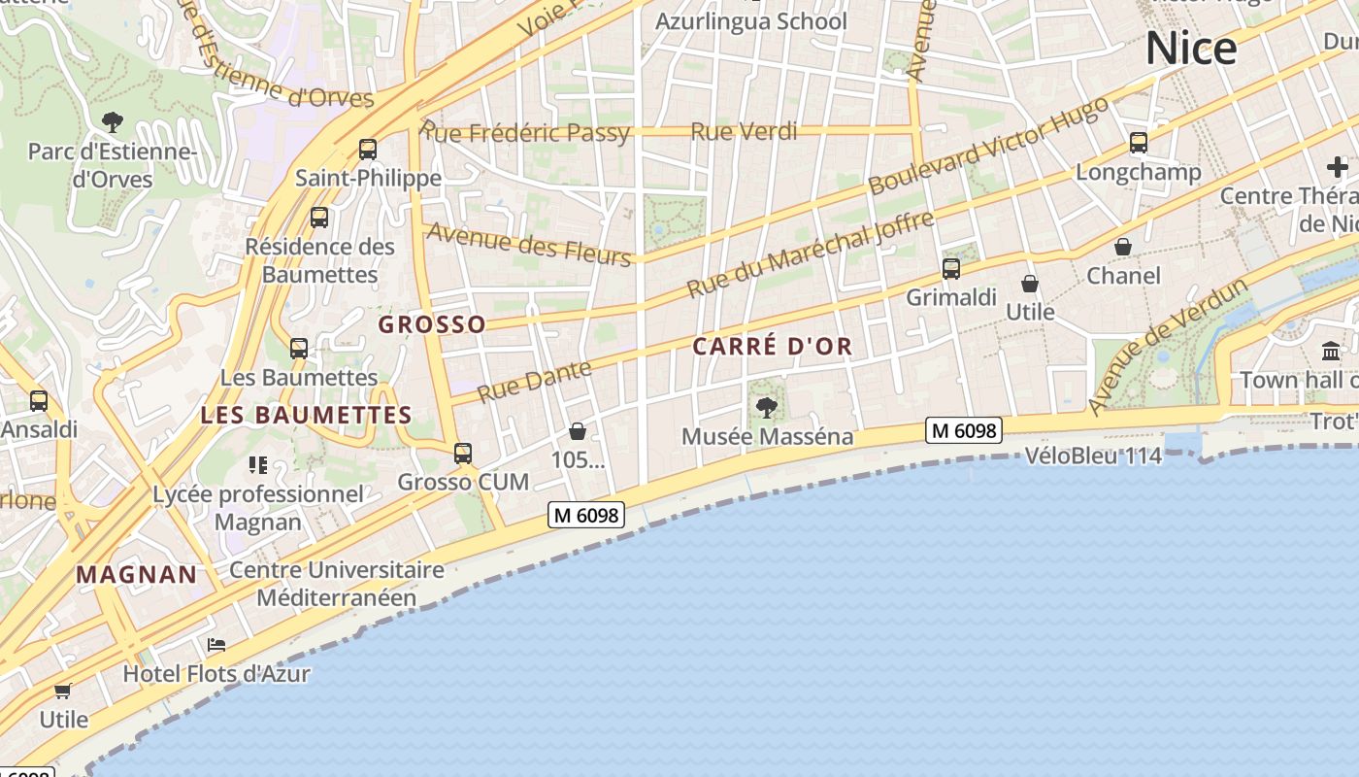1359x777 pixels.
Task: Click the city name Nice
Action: (x=1191, y=48)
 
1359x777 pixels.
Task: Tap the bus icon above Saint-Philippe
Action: (x=368, y=150)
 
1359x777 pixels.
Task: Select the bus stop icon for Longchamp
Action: (x=1139, y=144)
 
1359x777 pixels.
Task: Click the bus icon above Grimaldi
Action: (x=951, y=269)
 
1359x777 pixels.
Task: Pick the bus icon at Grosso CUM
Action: (x=463, y=454)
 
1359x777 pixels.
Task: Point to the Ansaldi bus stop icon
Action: (x=39, y=400)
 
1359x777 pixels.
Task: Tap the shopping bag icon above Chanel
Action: (x=1123, y=247)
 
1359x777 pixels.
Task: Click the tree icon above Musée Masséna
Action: (x=767, y=407)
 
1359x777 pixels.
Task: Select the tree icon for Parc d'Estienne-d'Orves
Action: (x=113, y=122)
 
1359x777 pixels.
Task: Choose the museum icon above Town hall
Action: (x=1331, y=351)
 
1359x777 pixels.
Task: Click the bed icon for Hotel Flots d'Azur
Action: (x=216, y=645)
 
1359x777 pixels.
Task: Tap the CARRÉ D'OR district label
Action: (x=773, y=346)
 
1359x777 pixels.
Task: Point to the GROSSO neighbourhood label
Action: (x=432, y=324)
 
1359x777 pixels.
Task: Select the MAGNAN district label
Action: (x=137, y=574)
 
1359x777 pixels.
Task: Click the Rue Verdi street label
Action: (x=744, y=131)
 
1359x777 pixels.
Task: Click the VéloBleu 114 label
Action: (x=1093, y=456)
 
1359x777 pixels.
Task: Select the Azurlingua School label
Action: (x=751, y=21)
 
